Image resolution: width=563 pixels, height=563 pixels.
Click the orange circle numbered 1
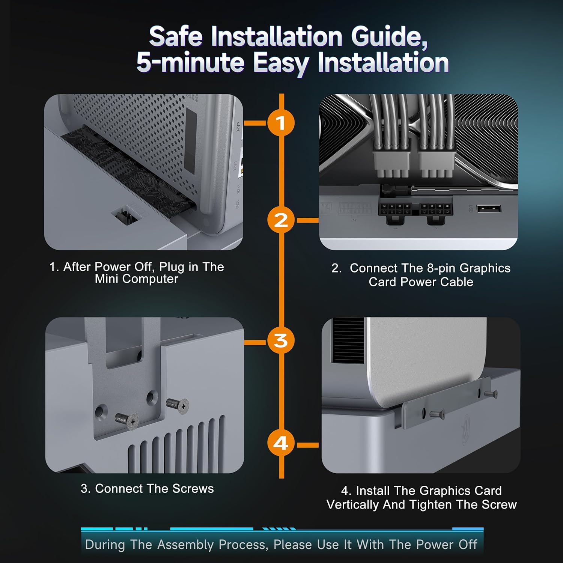click(x=281, y=123)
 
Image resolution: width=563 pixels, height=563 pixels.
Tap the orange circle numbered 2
click(x=281, y=220)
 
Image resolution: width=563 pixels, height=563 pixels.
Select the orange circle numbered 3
click(x=281, y=341)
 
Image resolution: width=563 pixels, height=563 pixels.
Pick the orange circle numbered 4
click(x=281, y=443)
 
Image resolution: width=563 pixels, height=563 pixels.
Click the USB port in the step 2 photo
click(x=489, y=208)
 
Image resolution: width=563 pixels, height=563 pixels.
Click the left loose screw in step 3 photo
click(x=126, y=421)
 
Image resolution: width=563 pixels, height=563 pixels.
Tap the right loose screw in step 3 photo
click(x=178, y=405)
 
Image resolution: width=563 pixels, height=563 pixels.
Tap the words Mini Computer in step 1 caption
click(x=136, y=279)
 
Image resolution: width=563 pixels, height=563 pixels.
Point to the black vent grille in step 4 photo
click(x=348, y=340)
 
